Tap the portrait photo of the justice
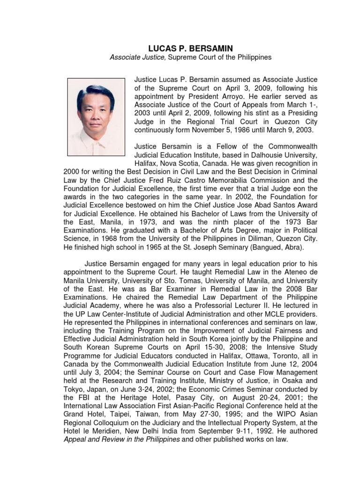(97, 117)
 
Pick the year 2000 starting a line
(71, 172)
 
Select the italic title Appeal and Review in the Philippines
(121, 440)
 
